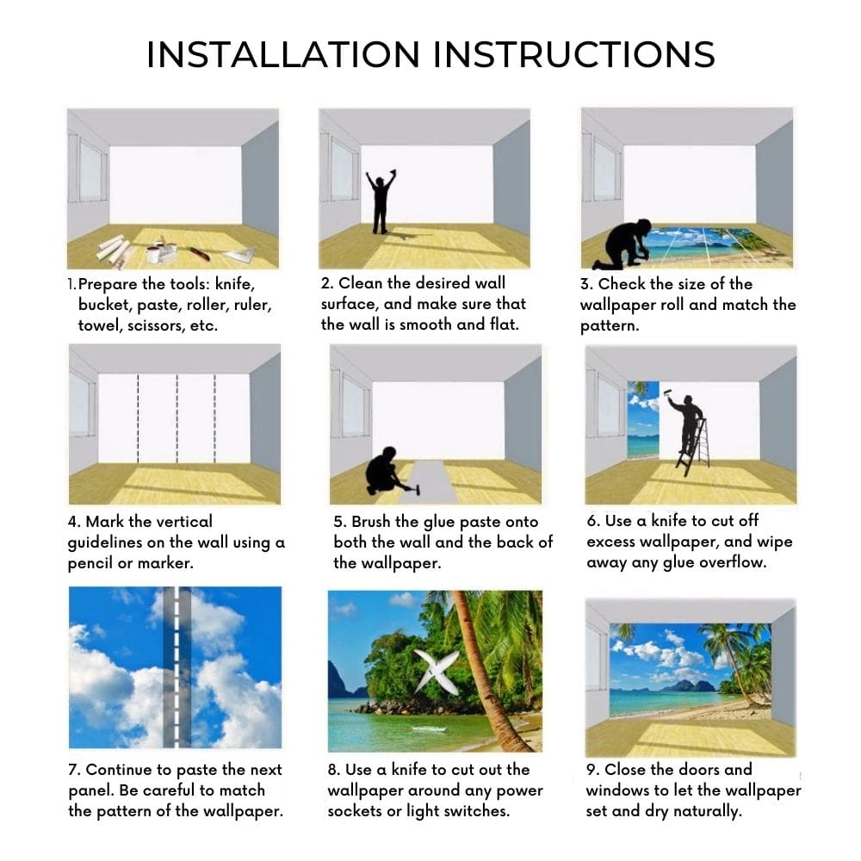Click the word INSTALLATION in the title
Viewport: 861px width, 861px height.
click(282, 54)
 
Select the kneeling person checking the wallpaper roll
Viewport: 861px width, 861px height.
click(627, 245)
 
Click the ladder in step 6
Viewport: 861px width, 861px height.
click(694, 448)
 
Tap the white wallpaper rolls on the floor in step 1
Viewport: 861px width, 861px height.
click(115, 248)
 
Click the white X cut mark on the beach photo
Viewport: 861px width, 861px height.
click(436, 671)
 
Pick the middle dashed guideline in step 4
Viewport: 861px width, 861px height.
click(177, 418)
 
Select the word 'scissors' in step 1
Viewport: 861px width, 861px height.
click(156, 325)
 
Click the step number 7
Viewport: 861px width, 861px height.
click(74, 770)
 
